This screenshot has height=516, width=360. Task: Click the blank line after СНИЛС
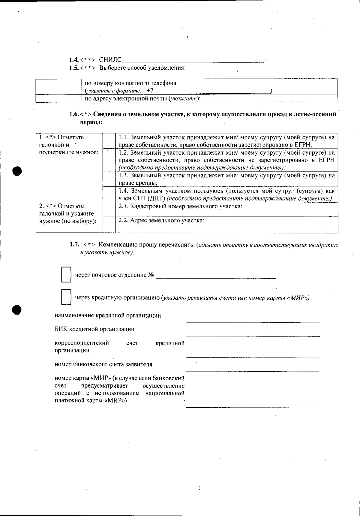[x=193, y=61]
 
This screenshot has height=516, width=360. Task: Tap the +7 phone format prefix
[x=150, y=91]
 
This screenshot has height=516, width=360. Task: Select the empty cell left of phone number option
[x=58, y=87]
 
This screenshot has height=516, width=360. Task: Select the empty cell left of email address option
[x=58, y=98]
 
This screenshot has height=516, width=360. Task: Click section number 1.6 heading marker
[x=74, y=114]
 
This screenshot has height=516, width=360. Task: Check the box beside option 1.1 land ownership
[x=109, y=141]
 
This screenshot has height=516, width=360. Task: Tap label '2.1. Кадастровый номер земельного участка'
[x=180, y=207]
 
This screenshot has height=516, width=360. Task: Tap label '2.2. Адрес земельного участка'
[x=161, y=221]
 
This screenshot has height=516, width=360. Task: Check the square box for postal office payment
[x=66, y=275]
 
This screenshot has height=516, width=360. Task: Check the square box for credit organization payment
[x=66, y=297]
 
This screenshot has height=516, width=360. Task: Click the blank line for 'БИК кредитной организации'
[x=253, y=335]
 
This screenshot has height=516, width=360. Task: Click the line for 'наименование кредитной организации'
[x=253, y=321]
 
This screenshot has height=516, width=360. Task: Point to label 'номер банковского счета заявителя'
[x=103, y=364]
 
